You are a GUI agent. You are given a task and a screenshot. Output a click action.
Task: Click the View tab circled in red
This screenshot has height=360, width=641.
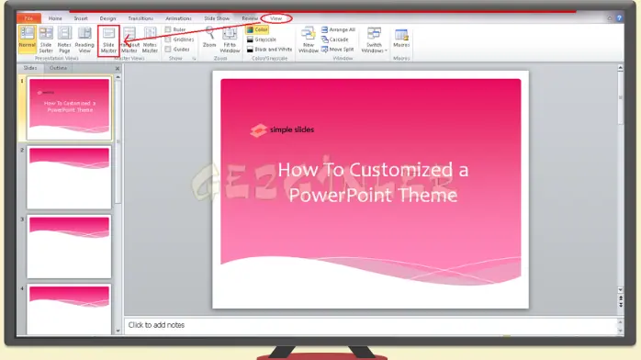tap(276, 17)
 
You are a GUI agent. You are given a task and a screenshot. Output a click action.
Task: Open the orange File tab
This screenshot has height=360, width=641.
tap(28, 17)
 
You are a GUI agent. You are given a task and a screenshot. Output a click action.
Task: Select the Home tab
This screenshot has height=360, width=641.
tap(55, 17)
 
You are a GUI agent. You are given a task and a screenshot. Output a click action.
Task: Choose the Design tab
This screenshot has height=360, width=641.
tap(108, 17)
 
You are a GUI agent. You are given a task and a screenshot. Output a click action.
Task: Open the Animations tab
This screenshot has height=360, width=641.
tap(178, 17)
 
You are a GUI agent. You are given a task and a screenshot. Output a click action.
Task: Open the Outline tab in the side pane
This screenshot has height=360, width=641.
tap(58, 68)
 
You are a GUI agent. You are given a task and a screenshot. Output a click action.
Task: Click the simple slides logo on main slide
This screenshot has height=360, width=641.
tap(281, 131)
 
